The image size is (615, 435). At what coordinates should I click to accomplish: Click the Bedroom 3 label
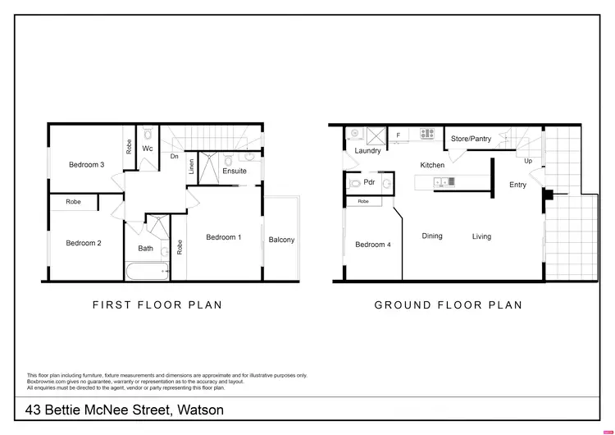click(86, 165)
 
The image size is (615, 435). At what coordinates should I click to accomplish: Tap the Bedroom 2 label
click(84, 243)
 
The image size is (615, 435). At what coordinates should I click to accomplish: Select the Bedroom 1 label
click(223, 238)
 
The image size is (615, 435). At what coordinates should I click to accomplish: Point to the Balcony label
click(281, 240)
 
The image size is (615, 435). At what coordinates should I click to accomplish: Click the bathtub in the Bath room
click(148, 270)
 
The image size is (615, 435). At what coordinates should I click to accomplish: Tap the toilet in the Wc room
click(147, 135)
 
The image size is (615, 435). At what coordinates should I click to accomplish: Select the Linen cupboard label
click(191, 166)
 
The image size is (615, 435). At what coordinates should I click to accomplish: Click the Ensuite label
click(234, 171)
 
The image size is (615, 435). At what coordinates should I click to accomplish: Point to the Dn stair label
click(175, 156)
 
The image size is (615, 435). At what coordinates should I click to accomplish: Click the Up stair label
click(528, 161)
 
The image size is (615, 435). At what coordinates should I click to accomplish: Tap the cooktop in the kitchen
click(427, 134)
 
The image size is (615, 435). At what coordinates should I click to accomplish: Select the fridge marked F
click(399, 135)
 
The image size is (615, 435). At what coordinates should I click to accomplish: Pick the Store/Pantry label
click(471, 140)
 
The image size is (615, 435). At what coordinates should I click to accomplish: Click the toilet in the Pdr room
click(355, 183)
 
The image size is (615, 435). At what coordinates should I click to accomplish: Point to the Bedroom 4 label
click(373, 245)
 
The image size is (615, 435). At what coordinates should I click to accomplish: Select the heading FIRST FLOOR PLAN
click(157, 304)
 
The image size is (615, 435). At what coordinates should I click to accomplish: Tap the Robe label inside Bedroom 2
click(74, 201)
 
